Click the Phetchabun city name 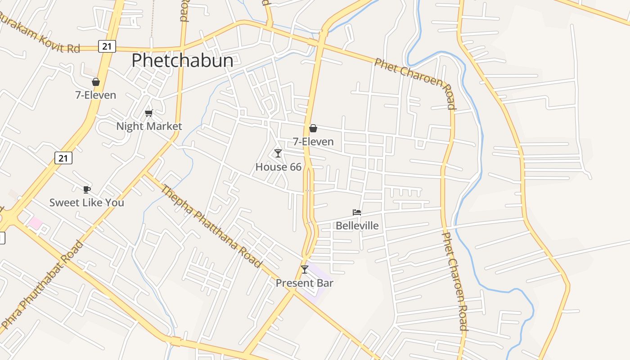182,61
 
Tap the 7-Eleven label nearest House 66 313,142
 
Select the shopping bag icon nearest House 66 313,129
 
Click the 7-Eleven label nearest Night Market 95,95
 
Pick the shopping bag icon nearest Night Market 95,82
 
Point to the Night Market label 149,126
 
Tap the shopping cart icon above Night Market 148,113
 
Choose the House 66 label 278,167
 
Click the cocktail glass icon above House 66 278,154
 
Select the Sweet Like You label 86,202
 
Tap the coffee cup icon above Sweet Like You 86,189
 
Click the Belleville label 357,225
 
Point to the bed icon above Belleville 357,212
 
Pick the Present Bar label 304,283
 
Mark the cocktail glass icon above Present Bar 305,270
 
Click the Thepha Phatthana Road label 211,226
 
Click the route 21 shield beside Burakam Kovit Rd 107,46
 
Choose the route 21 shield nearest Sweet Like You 63,158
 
